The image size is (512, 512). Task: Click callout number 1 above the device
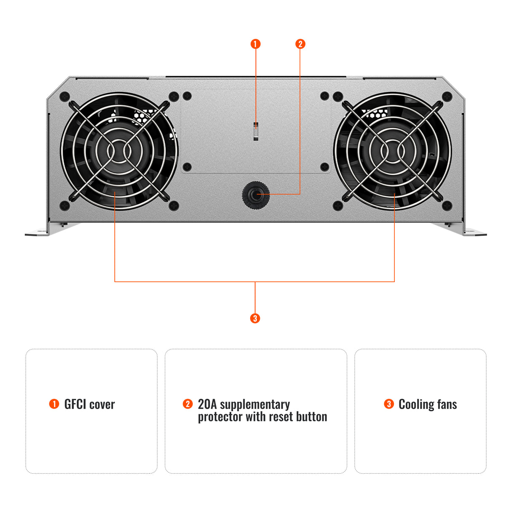pyautogui.click(x=256, y=44)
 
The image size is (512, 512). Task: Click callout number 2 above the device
pyautogui.click(x=300, y=44)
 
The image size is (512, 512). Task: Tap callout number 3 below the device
pyautogui.click(x=255, y=318)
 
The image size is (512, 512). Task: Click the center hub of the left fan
pyautogui.click(x=119, y=151)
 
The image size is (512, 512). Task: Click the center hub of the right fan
pyautogui.click(x=392, y=151)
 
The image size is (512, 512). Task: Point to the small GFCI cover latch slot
pyautogui.click(x=256, y=131)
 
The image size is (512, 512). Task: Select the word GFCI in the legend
pyautogui.click(x=75, y=404)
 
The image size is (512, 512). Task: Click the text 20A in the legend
pyautogui.click(x=207, y=404)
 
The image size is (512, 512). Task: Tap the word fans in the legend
pyautogui.click(x=447, y=404)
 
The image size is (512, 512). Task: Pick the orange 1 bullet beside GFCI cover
pyautogui.click(x=54, y=404)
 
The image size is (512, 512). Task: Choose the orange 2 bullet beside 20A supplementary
pyautogui.click(x=188, y=404)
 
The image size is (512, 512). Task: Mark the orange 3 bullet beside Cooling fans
pyautogui.click(x=389, y=404)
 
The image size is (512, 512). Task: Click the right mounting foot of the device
pyautogui.click(x=474, y=232)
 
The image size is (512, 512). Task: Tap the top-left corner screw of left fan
pyautogui.click(x=65, y=96)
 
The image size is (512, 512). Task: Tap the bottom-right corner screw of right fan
pyautogui.click(x=447, y=206)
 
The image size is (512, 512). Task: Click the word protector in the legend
pyautogui.click(x=220, y=417)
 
